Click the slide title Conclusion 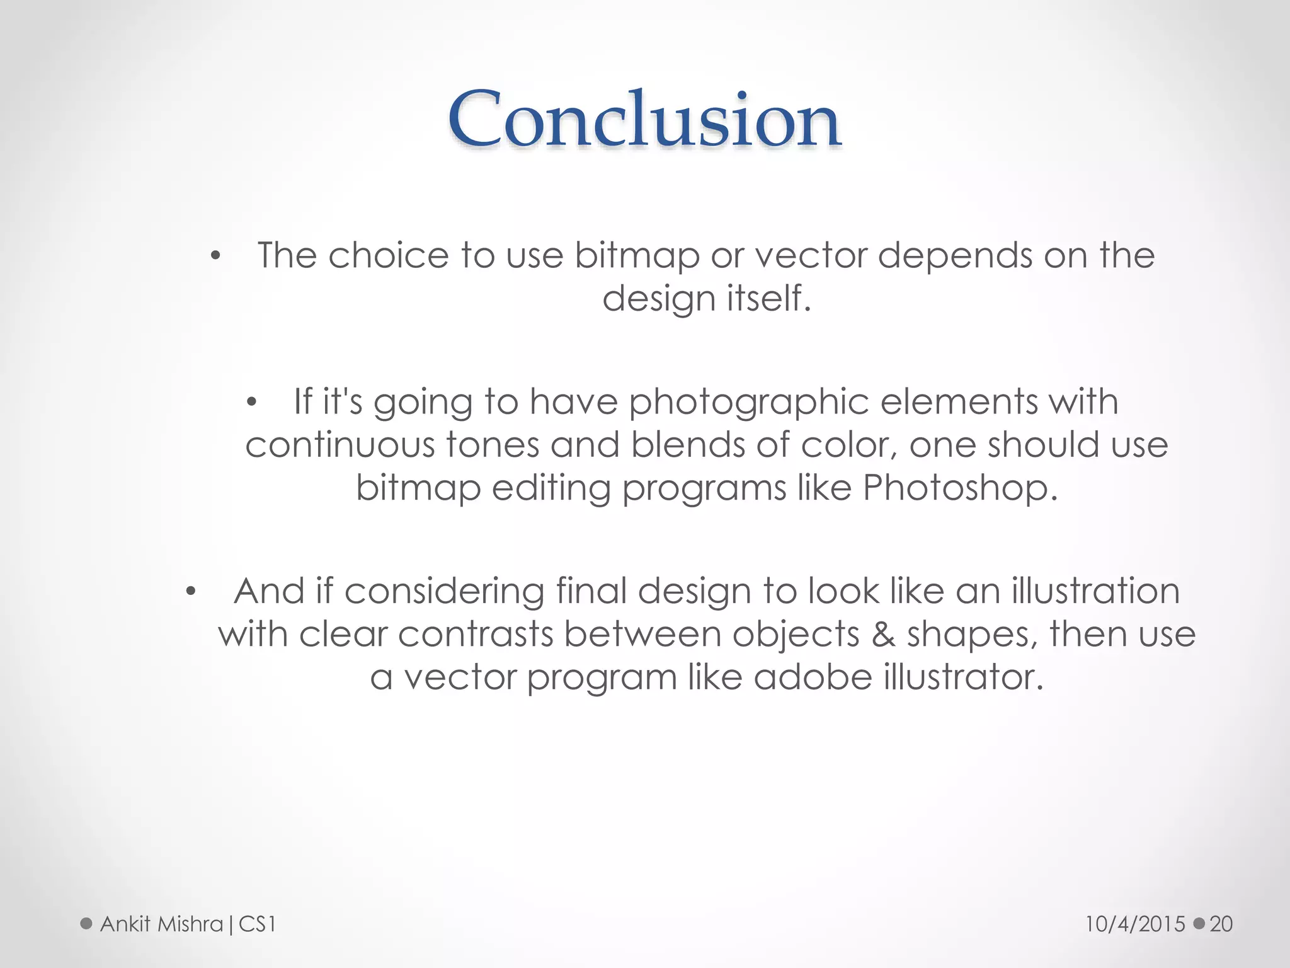coord(644,120)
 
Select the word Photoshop coord(960,488)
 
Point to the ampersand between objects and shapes coord(883,634)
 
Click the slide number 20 coord(1221,924)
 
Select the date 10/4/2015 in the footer coord(1135,924)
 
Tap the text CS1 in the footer coord(257,924)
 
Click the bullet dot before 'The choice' coord(215,256)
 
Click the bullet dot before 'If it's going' coord(252,403)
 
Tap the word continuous coord(340,445)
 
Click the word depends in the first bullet coord(954,256)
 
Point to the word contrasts coord(476,634)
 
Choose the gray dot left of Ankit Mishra coord(86,924)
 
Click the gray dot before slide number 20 coord(1199,924)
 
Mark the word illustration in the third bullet coord(1095,591)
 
